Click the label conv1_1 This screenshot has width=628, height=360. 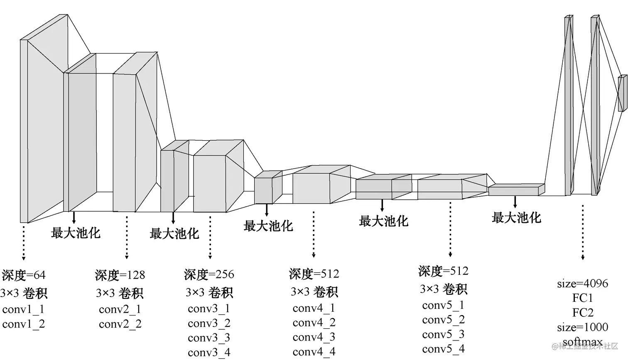tap(23, 309)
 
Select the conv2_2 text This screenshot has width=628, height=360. tap(120, 324)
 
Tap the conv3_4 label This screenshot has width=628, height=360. tap(209, 353)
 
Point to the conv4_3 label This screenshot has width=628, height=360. tap(314, 337)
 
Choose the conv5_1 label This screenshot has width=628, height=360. tap(443, 306)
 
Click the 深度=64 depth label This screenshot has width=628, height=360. tap(24, 275)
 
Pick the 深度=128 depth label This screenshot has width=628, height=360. tap(120, 275)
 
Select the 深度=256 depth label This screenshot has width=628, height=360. tap(209, 274)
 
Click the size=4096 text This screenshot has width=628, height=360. tap(582, 284)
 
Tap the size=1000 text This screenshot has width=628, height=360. tap(582, 327)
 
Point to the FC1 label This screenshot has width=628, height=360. tap(582, 298)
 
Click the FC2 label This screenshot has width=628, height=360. tap(582, 313)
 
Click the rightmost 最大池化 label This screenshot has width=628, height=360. tap(516, 218)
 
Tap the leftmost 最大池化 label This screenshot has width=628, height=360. tap(76, 233)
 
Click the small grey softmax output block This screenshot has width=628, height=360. tap(622, 93)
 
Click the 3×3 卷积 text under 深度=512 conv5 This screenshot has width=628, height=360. tap(443, 289)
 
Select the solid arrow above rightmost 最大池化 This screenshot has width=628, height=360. tap(515, 202)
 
